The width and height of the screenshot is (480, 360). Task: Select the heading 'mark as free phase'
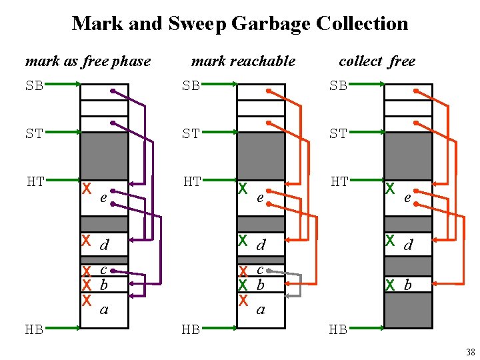(x=87, y=61)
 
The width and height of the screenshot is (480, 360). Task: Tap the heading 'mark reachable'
(x=243, y=61)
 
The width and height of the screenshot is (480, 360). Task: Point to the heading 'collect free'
(x=377, y=61)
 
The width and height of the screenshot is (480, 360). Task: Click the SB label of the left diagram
(x=35, y=85)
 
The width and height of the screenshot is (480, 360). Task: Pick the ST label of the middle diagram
(x=191, y=133)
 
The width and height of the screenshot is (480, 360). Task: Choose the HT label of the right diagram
(x=339, y=181)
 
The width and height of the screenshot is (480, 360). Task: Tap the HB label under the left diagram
(x=35, y=329)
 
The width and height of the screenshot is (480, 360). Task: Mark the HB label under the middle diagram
(x=191, y=329)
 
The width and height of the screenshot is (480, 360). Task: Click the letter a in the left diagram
(x=103, y=309)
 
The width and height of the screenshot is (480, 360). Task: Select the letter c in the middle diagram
(x=261, y=269)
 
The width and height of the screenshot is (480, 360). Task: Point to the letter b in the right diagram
(x=407, y=285)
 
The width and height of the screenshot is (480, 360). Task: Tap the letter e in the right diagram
(x=407, y=198)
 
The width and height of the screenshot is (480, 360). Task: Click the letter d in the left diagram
(x=104, y=245)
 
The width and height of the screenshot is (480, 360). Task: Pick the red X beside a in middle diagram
(x=243, y=300)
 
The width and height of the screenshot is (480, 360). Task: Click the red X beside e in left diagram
(x=87, y=189)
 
